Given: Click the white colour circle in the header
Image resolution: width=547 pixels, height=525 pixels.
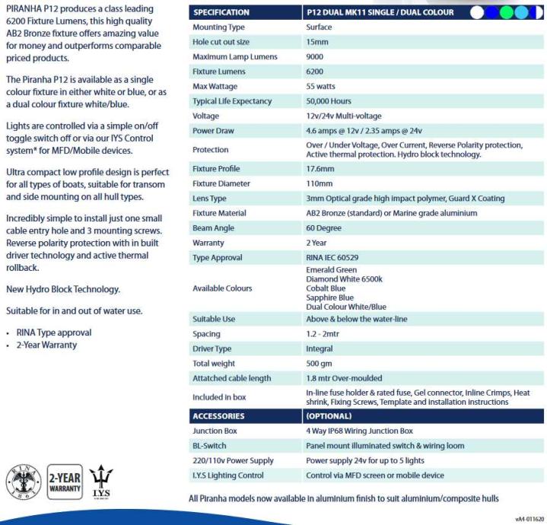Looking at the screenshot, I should coord(477,12).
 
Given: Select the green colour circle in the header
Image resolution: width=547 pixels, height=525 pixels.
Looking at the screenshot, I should coord(521,12).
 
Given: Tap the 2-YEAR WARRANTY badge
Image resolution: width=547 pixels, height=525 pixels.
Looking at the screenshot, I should coord(65,482).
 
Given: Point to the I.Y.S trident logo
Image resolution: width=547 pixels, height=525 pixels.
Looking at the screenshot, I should coord(102,482).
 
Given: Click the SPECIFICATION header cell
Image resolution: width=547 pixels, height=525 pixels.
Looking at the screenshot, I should coord(221,12).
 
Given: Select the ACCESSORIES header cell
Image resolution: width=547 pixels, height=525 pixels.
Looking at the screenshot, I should coord(219,416).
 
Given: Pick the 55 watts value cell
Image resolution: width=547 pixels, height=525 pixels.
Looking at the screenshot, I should coord(320,87).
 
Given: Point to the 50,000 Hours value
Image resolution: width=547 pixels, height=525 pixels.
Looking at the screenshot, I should coord(329,101).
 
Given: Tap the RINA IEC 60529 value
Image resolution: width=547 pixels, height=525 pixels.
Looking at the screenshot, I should coord(332,258).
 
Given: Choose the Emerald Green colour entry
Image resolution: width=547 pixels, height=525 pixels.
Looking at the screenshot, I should coord(331,270).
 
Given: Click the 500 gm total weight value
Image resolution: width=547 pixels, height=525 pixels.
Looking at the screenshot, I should coord(320,364).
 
